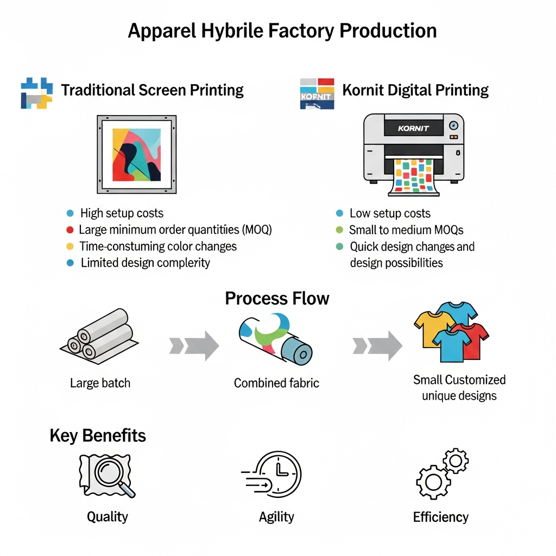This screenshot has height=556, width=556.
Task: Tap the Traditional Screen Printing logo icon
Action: [x=36, y=93]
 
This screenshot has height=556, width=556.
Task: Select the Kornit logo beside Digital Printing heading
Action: [x=317, y=93]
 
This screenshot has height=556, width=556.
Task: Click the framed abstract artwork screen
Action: [x=136, y=154]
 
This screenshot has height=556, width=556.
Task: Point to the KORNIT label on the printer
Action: [x=413, y=128]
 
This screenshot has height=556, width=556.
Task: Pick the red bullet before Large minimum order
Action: [x=70, y=230]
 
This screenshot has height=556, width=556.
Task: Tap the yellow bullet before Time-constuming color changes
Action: [x=70, y=246]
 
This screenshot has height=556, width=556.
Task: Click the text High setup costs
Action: [x=122, y=213]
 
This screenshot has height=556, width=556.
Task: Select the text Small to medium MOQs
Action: [x=406, y=230]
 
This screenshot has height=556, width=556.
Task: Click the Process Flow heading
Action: [x=277, y=298]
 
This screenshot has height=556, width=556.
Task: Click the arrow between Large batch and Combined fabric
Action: [x=194, y=346]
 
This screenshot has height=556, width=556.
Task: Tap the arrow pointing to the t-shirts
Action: [x=377, y=346]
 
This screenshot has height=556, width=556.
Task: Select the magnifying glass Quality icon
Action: [x=107, y=476]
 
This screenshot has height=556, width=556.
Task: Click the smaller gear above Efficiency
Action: [x=456, y=460]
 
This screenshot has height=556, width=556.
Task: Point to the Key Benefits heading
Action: [x=98, y=435]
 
